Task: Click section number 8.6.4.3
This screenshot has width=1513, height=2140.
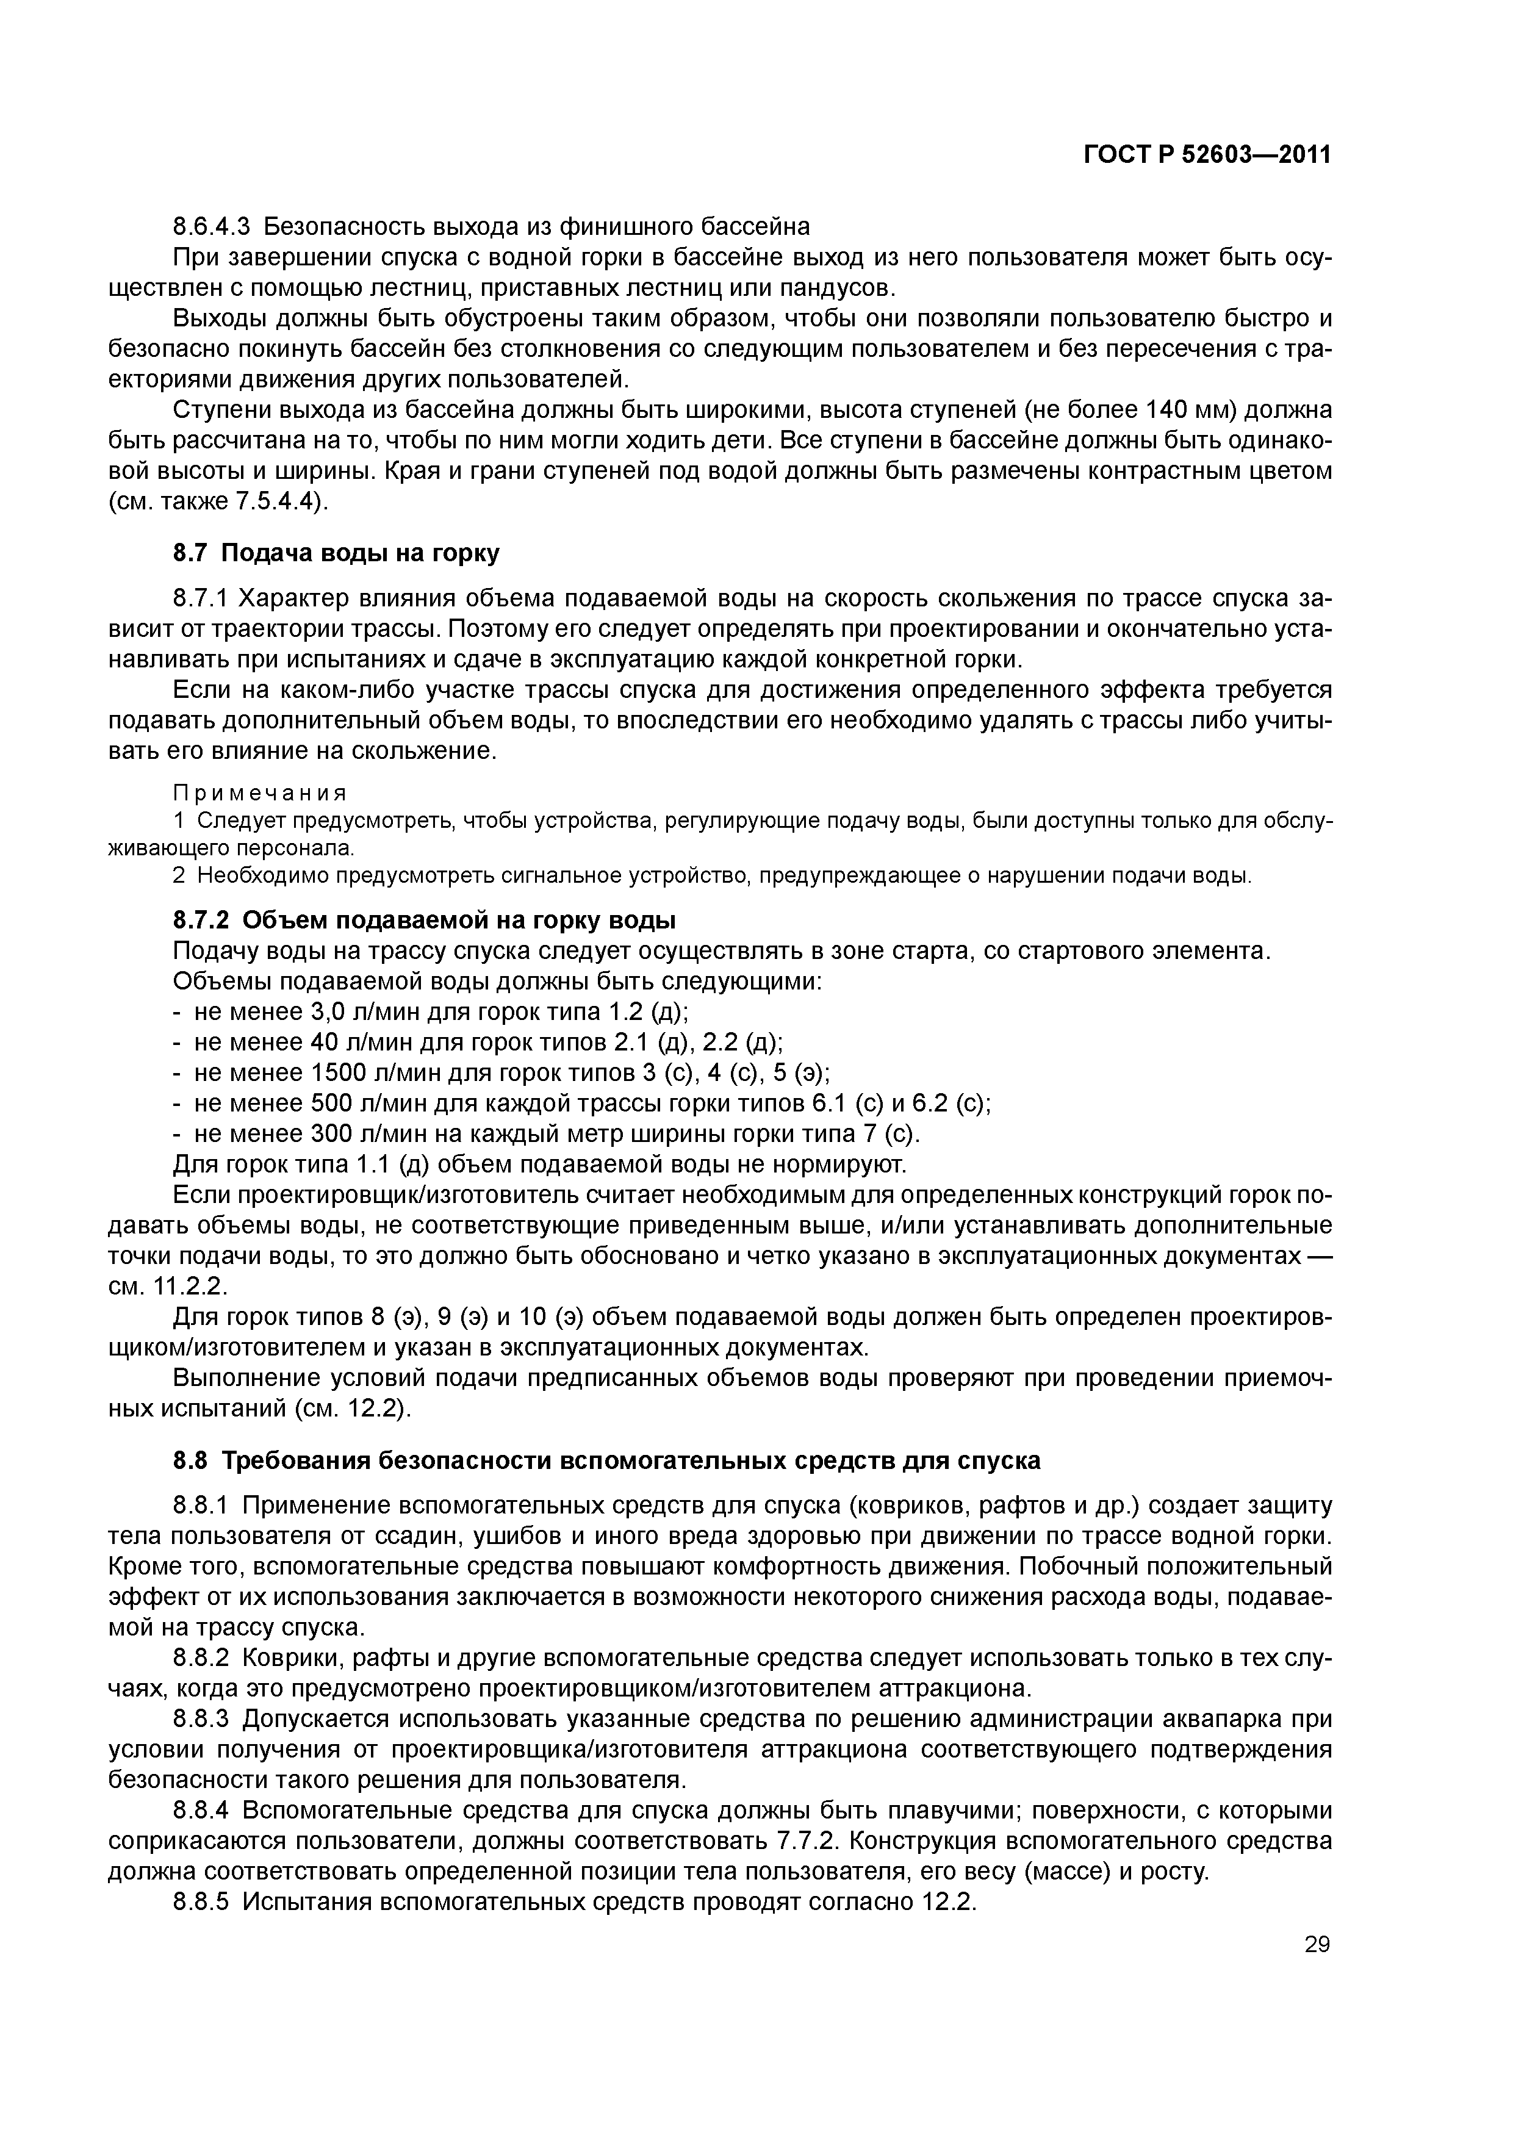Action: tap(212, 226)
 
